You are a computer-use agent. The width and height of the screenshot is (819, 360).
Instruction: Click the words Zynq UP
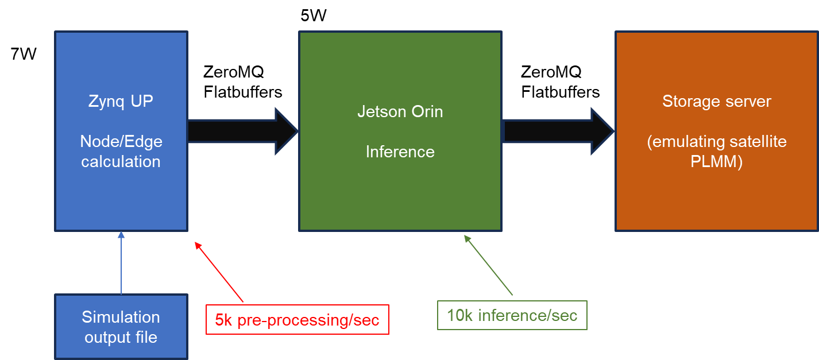click(x=121, y=101)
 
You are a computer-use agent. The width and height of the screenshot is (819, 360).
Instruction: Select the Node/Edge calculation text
click(x=121, y=151)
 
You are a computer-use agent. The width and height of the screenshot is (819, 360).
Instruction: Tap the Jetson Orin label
click(x=400, y=111)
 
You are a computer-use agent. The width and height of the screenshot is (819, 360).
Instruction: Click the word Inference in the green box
click(x=400, y=152)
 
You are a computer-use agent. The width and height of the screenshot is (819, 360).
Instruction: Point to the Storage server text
click(x=716, y=101)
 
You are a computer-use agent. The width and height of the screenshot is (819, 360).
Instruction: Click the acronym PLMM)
click(x=716, y=162)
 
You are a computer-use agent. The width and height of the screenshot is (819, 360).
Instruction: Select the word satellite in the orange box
click(x=752, y=142)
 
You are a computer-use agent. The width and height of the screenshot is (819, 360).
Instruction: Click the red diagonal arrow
click(x=219, y=272)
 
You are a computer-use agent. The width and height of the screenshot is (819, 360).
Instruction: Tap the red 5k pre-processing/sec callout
click(x=297, y=320)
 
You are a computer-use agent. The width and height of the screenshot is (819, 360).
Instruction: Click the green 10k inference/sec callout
click(x=512, y=315)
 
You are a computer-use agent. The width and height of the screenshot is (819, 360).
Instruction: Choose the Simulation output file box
click(x=121, y=327)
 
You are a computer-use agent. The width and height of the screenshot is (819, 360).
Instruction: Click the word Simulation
click(x=121, y=317)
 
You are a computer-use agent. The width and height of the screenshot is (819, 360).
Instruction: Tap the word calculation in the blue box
click(x=121, y=161)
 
